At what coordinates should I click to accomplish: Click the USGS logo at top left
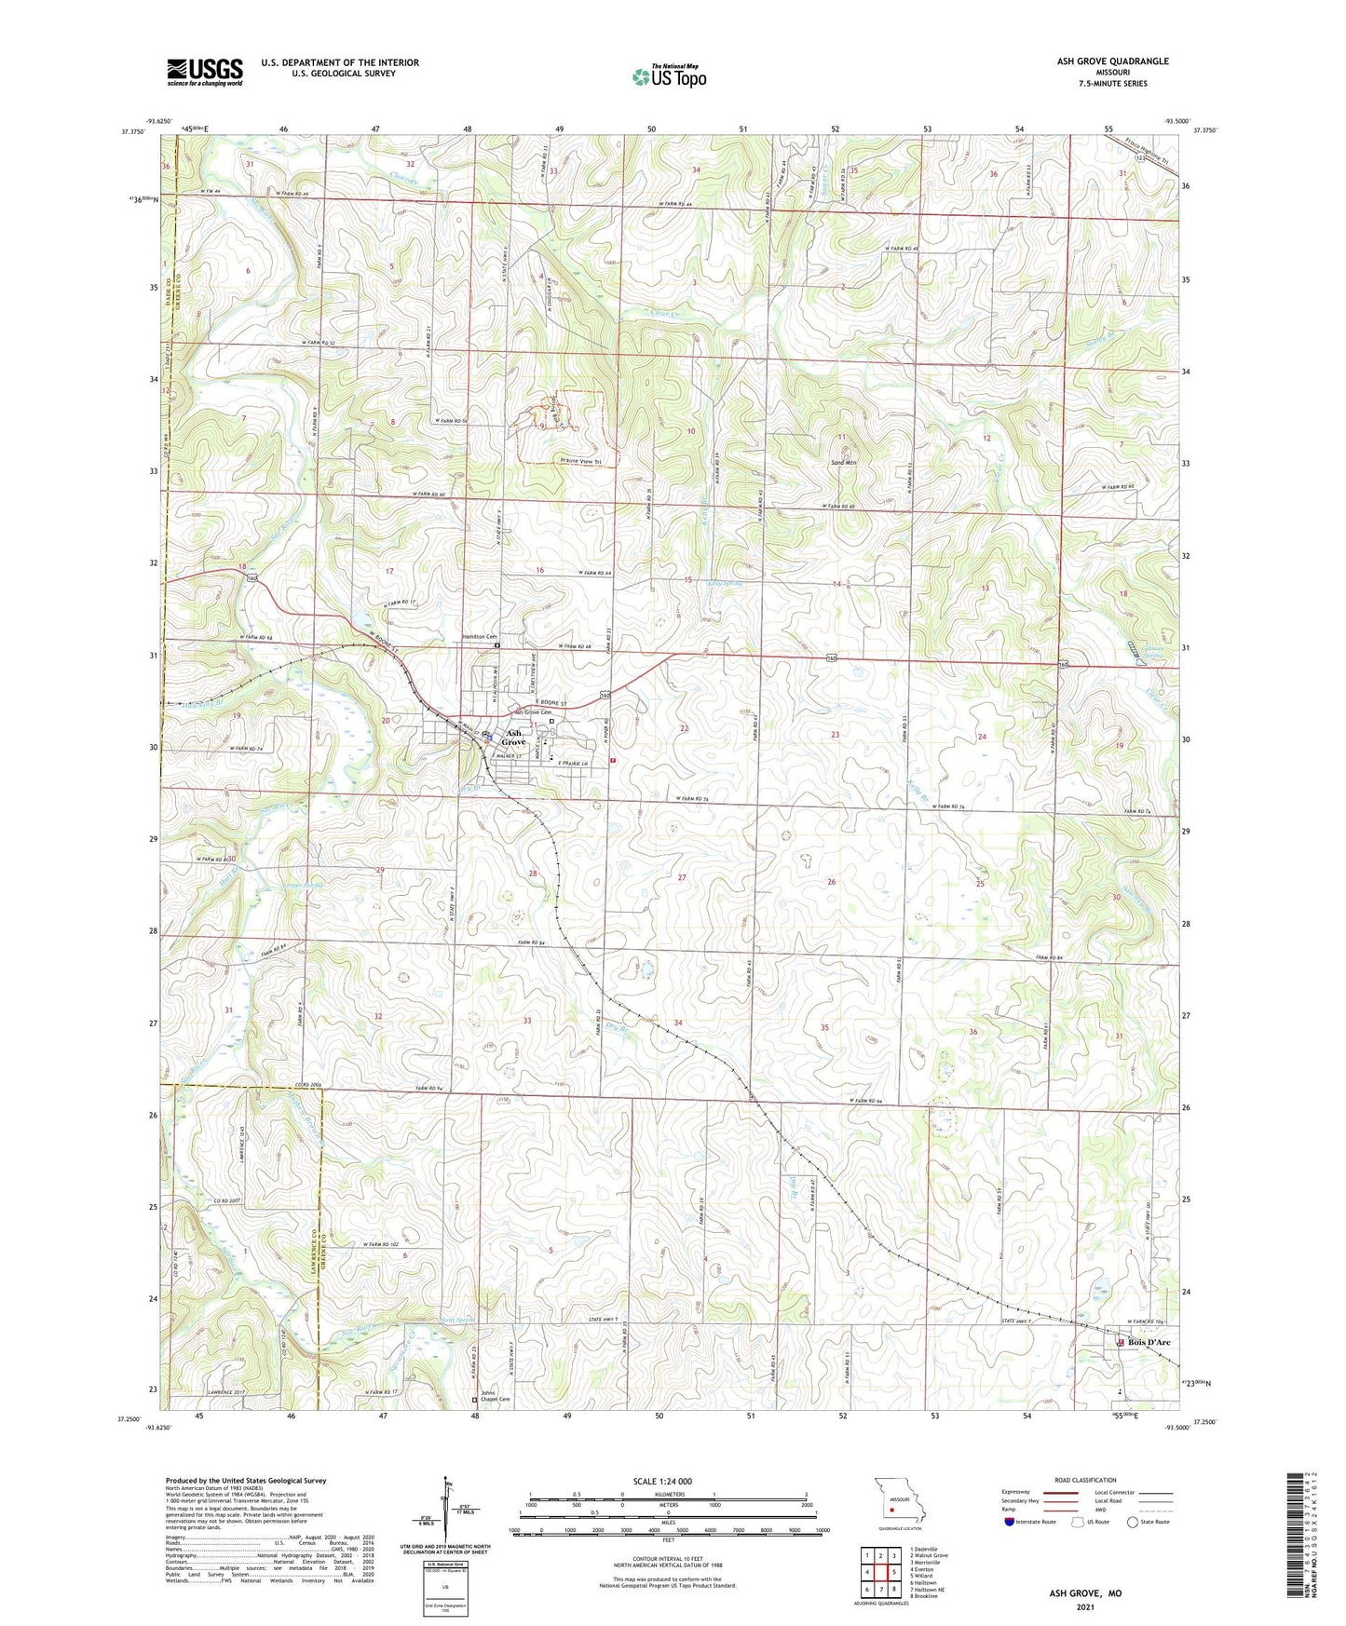[204, 72]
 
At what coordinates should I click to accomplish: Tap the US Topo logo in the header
[669, 76]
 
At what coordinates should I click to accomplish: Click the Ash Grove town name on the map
[513, 737]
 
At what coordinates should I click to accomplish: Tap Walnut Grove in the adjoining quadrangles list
[929, 1555]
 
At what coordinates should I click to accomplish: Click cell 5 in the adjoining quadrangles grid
[880, 1572]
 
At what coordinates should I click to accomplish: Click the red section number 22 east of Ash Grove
[685, 728]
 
